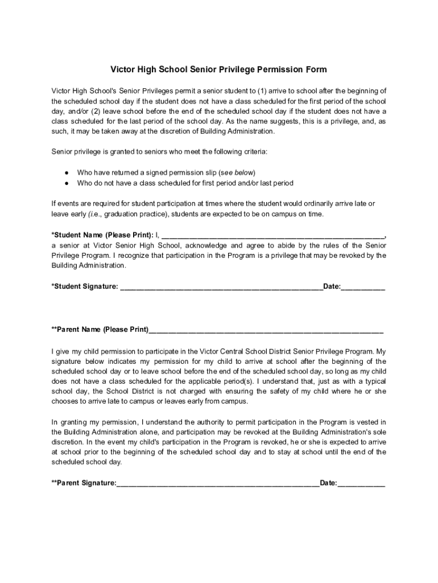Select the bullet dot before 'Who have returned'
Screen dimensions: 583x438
point(67,173)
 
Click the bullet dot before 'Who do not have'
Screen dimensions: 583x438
point(67,183)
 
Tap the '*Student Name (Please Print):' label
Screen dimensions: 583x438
point(102,235)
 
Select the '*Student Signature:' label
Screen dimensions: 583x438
point(85,286)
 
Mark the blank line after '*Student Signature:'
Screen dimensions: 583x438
point(222,286)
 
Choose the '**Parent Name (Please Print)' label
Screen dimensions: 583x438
point(100,330)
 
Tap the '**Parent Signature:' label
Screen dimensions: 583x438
point(84,483)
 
